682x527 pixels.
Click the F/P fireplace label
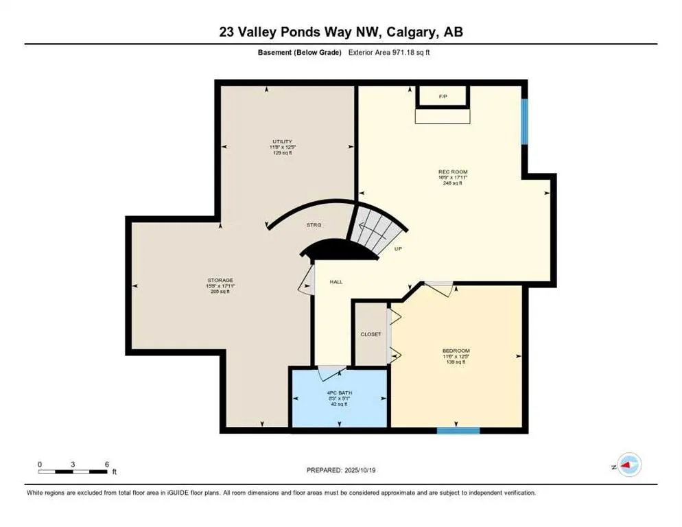[443, 97]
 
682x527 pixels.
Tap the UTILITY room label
[281, 141]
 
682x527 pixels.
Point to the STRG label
[314, 224]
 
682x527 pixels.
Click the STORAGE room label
[222, 280]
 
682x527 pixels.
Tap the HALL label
[336, 281]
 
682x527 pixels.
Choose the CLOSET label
[371, 334]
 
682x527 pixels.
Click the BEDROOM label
[454, 351]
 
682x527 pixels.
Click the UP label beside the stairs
[398, 249]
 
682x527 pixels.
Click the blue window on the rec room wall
[524, 121]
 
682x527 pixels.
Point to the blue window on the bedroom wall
[458, 430]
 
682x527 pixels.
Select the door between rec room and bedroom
[439, 288]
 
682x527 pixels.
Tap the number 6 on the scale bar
[107, 464]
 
